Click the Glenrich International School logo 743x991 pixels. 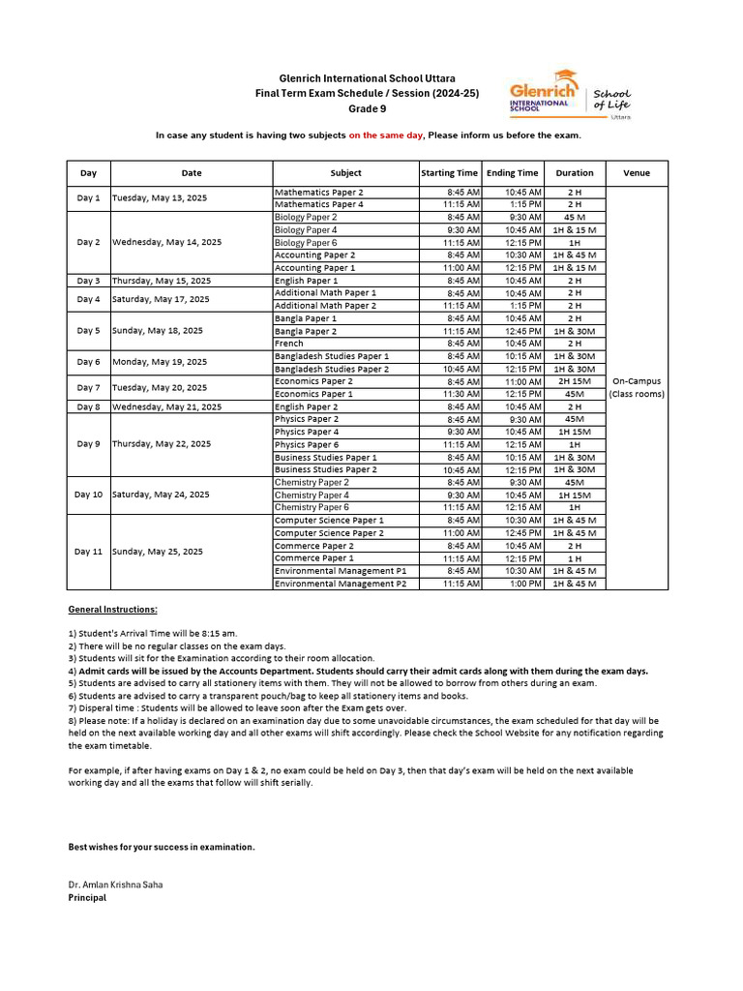coord(570,94)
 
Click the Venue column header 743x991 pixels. coord(636,173)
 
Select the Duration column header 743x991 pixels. coord(574,173)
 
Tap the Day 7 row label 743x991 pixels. coord(88,388)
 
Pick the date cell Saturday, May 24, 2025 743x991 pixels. coord(161,495)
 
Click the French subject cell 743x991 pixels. coord(289,344)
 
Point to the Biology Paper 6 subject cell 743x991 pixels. coord(306,243)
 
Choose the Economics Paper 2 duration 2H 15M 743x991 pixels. coord(574,382)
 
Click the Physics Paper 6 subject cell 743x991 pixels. coord(305,445)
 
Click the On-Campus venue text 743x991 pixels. coord(636,381)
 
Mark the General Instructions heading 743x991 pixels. coord(112,610)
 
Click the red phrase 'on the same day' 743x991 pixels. coord(386,135)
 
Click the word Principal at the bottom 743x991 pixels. coord(87,898)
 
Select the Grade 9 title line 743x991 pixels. coord(367,108)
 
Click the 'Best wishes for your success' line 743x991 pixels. coord(162,847)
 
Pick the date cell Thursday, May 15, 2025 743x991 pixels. coord(161,281)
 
